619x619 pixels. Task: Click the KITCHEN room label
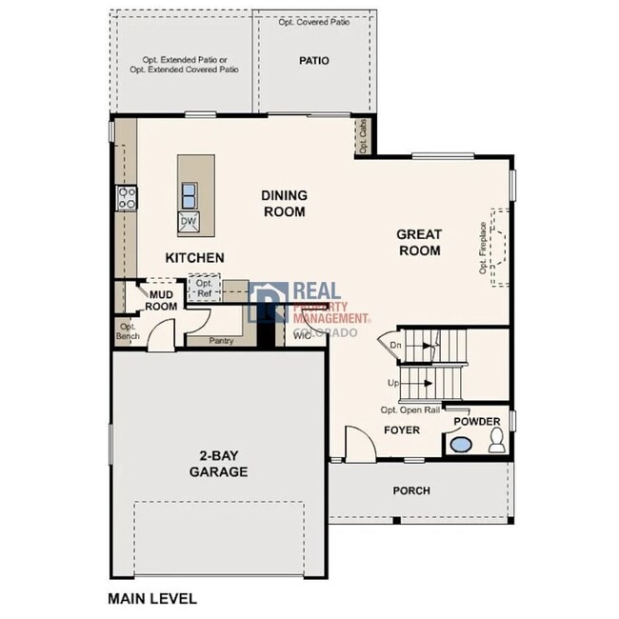(x=195, y=258)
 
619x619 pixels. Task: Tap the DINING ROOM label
(x=284, y=203)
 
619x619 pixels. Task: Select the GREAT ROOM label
(x=418, y=242)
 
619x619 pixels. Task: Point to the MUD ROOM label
(x=161, y=300)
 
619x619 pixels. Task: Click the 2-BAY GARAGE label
(x=218, y=463)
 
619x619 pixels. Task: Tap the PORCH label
(x=411, y=490)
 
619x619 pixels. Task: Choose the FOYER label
(x=402, y=430)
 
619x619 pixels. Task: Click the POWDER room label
(x=476, y=421)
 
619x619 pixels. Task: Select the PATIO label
(x=313, y=61)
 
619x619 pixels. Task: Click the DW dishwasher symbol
(x=189, y=221)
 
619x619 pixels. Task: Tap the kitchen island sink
(x=189, y=195)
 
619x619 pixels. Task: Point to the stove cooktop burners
(x=127, y=198)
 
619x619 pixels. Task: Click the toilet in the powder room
(x=495, y=441)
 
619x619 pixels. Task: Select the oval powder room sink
(x=461, y=444)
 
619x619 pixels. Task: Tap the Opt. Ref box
(x=204, y=289)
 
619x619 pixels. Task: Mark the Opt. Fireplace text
(x=484, y=248)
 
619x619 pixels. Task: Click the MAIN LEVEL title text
(x=152, y=599)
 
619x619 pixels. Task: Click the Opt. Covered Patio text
(x=313, y=21)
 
